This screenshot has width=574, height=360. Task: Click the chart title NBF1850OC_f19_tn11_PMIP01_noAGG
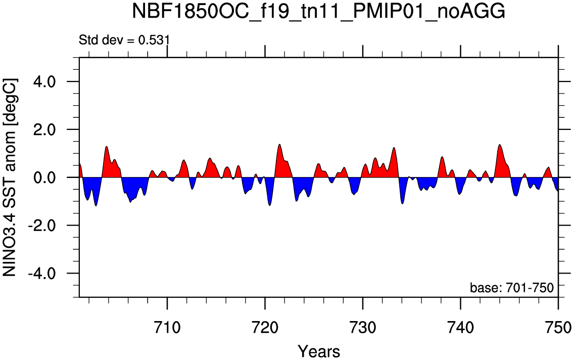[x=318, y=11]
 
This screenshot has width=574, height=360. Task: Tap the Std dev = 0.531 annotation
[x=124, y=39]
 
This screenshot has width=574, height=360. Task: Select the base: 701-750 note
[x=512, y=288]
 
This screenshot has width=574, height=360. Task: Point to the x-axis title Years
[x=319, y=351]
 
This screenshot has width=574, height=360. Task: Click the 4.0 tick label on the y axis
[x=44, y=81]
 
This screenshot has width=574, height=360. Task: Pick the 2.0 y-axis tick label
[x=44, y=129]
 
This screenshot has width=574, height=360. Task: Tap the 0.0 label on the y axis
[x=44, y=177]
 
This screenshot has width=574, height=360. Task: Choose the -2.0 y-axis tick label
[x=40, y=226]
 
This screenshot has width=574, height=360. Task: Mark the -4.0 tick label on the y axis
[x=40, y=274]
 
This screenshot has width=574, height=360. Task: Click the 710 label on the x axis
[x=167, y=327]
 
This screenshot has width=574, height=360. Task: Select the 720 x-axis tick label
[x=265, y=327]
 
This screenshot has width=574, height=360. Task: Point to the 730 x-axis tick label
[x=362, y=327]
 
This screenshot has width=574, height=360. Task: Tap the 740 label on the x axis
[x=460, y=327]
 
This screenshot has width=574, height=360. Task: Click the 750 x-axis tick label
[x=558, y=327]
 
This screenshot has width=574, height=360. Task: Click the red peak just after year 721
[x=280, y=144]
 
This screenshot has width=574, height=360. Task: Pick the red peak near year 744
[x=499, y=145]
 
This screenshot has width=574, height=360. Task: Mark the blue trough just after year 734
[x=403, y=203]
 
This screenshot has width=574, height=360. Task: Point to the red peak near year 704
[x=106, y=147]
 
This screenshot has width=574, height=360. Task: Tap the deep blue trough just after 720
[x=270, y=205]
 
